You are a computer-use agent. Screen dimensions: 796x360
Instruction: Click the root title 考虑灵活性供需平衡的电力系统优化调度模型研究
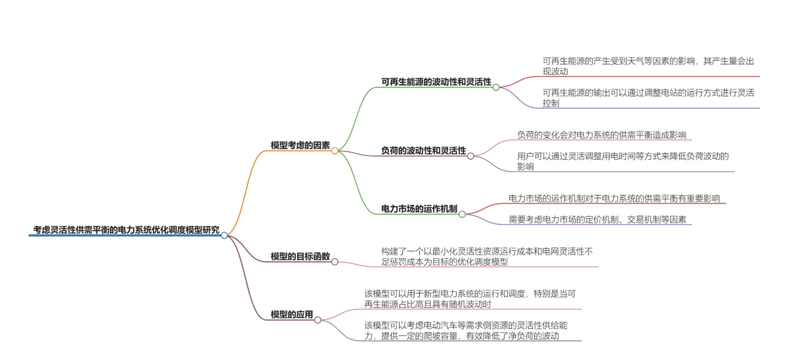click(126, 230)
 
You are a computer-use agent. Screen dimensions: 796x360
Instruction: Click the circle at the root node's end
click(224, 235)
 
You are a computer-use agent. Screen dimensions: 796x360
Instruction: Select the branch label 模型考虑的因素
click(300, 145)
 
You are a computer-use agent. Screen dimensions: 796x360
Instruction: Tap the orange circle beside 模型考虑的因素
click(335, 151)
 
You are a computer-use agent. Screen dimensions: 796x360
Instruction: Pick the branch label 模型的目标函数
click(300, 256)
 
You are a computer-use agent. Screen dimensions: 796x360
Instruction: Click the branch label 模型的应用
click(292, 315)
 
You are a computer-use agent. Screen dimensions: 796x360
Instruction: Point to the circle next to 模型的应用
click(318, 320)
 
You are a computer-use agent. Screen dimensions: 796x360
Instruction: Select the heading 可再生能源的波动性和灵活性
click(436, 82)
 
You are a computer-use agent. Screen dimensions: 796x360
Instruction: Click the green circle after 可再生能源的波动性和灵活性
click(496, 87)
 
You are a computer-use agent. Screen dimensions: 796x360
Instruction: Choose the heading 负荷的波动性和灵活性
click(424, 151)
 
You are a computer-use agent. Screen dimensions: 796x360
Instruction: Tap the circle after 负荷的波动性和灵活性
click(471, 156)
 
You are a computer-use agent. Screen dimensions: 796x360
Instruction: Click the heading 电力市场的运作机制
click(420, 209)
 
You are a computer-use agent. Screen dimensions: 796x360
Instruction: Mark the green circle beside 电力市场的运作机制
click(462, 214)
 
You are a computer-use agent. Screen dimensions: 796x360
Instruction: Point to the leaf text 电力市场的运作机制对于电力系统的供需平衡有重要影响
click(615, 198)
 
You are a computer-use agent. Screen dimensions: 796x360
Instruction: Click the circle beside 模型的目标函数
click(335, 262)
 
